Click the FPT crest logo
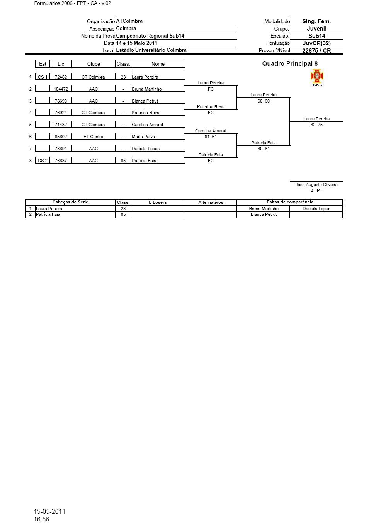pyautogui.click(x=317, y=78)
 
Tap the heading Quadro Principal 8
pyautogui.click(x=290, y=64)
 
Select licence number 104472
pyautogui.click(x=61, y=89)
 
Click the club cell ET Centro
pyautogui.click(x=93, y=137)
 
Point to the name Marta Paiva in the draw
pyautogui.click(x=143, y=137)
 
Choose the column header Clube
pyautogui.click(x=94, y=64)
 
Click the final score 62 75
pyautogui.click(x=316, y=125)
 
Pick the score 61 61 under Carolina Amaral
pyautogui.click(x=211, y=137)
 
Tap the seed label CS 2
pyautogui.click(x=43, y=161)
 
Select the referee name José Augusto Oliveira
pyautogui.click(x=316, y=185)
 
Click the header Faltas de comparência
pyautogui.click(x=290, y=202)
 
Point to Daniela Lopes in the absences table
pyautogui.click(x=316, y=209)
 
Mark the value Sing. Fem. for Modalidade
pyautogui.click(x=316, y=22)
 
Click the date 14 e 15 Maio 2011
pyautogui.click(x=136, y=43)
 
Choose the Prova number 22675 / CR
pyautogui.click(x=316, y=51)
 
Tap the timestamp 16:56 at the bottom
pyautogui.click(x=41, y=519)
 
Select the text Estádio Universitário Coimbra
pyautogui.click(x=151, y=50)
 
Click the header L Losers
pyautogui.click(x=158, y=202)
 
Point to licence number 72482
pyautogui.click(x=61, y=77)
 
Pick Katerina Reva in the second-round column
pyautogui.click(x=211, y=107)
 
